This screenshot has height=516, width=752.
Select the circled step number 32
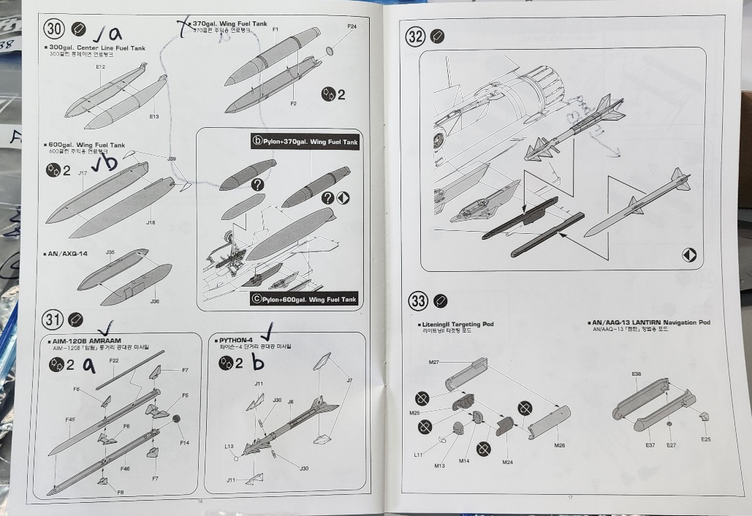pyautogui.click(x=415, y=37)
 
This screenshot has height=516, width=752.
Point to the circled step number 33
pyautogui.click(x=417, y=300)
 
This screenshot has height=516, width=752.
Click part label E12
pyautogui.click(x=101, y=67)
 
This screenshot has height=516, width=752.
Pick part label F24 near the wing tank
pyautogui.click(x=352, y=27)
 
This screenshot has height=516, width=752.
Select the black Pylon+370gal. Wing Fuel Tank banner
pyautogui.click(x=305, y=142)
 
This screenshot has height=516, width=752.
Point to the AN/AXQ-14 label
pyautogui.click(x=68, y=254)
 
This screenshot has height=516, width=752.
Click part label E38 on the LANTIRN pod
pyautogui.click(x=637, y=374)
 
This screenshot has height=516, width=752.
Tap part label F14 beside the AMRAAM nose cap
pyautogui.click(x=184, y=442)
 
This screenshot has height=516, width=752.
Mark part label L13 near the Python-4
pyautogui.click(x=229, y=446)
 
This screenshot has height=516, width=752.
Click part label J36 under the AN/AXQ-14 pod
pyautogui.click(x=154, y=300)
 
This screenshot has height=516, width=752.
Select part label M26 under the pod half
pyautogui.click(x=560, y=445)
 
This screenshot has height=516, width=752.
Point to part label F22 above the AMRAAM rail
pyautogui.click(x=114, y=361)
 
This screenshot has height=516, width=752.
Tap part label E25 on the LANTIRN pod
pyautogui.click(x=705, y=439)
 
